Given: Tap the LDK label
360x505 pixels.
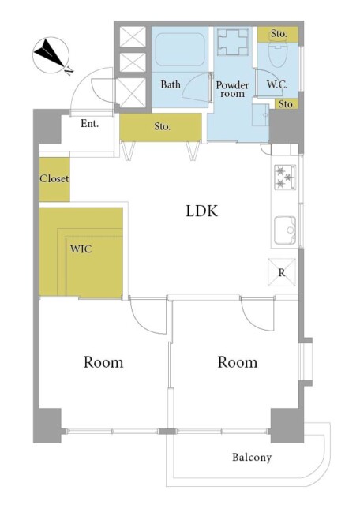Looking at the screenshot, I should point(201,211).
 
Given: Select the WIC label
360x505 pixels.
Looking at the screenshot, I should point(81,249).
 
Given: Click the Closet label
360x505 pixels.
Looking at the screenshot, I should point(54,179).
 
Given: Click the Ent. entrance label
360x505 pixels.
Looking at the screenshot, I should point(89,123).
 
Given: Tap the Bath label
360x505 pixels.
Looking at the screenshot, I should point(171,84).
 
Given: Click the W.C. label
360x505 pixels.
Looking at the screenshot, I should point(276,84).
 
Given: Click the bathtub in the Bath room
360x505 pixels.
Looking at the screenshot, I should point(179,52).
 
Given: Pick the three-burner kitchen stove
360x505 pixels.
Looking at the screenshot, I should point(284,177).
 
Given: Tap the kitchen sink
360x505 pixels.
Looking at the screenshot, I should point(285,230).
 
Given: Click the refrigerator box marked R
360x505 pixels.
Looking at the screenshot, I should point(282,273).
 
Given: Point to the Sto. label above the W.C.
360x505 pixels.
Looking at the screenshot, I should point(278,34).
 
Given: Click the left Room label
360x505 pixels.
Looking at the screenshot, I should point(103,362).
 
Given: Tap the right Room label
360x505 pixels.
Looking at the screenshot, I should point(238,362).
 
